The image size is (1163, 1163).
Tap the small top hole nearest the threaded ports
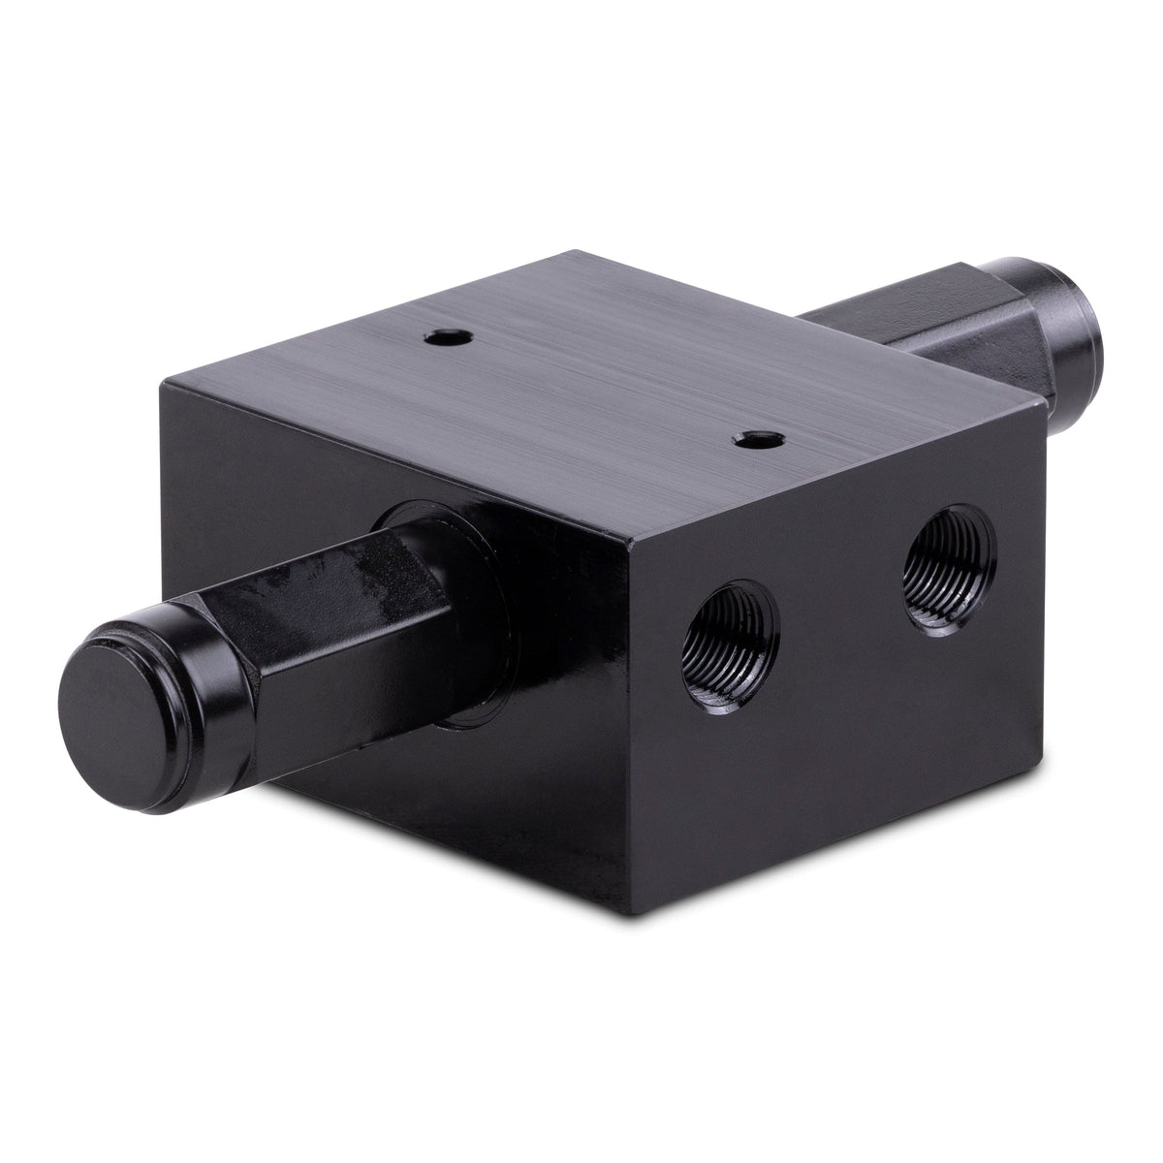[x=752, y=440]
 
